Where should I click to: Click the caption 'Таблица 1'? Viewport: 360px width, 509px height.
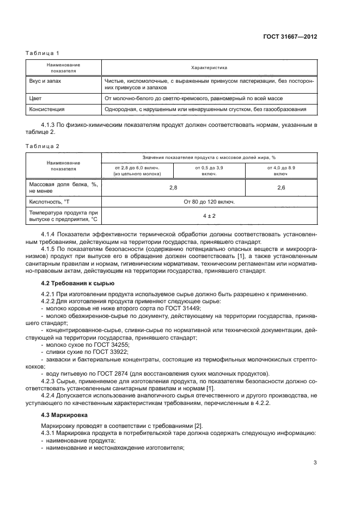coord(42,53)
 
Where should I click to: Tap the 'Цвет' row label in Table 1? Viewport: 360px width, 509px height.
coord(35,99)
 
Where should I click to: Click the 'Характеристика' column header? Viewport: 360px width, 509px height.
coord(209,68)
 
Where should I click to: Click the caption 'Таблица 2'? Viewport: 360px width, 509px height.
coord(42,146)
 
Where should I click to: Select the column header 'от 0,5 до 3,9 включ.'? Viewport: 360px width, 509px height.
coord(209,171)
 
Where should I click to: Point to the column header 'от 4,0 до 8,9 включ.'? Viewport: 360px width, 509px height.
coord(281,171)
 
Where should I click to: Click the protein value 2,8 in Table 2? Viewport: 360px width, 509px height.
coord(173,187)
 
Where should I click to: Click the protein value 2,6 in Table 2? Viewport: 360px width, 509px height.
coord(281,187)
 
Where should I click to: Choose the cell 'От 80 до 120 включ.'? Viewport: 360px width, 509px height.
coord(209,202)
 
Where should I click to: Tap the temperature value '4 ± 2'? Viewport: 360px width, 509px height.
coord(209,216)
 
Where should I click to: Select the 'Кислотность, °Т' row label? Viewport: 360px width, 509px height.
coord(50,202)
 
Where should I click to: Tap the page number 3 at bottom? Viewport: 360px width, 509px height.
coord(315,463)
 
